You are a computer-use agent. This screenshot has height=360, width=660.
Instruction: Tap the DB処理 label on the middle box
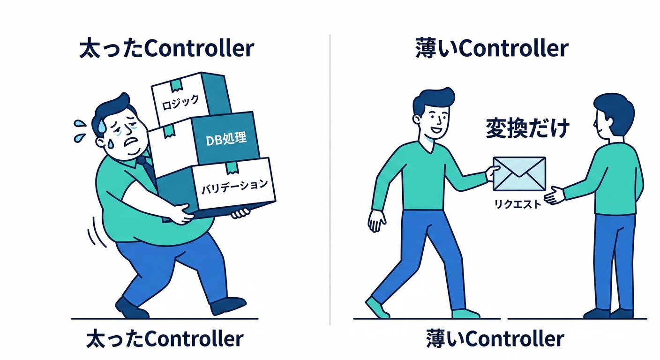pos(226,140)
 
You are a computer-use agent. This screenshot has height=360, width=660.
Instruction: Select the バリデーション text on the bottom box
pos(234,187)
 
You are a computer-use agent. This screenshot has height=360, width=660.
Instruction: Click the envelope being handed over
pos(519,174)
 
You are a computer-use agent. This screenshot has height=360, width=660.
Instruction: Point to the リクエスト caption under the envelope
pos(517,204)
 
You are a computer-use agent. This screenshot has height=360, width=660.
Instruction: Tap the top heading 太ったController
pos(167,49)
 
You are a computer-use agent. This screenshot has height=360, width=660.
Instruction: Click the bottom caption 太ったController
pos(165,339)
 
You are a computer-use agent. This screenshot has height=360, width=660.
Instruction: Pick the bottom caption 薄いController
pos(495,339)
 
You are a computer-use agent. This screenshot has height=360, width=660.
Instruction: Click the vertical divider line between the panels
pos(330,180)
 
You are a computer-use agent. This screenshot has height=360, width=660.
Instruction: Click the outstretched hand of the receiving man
pos(554,195)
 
